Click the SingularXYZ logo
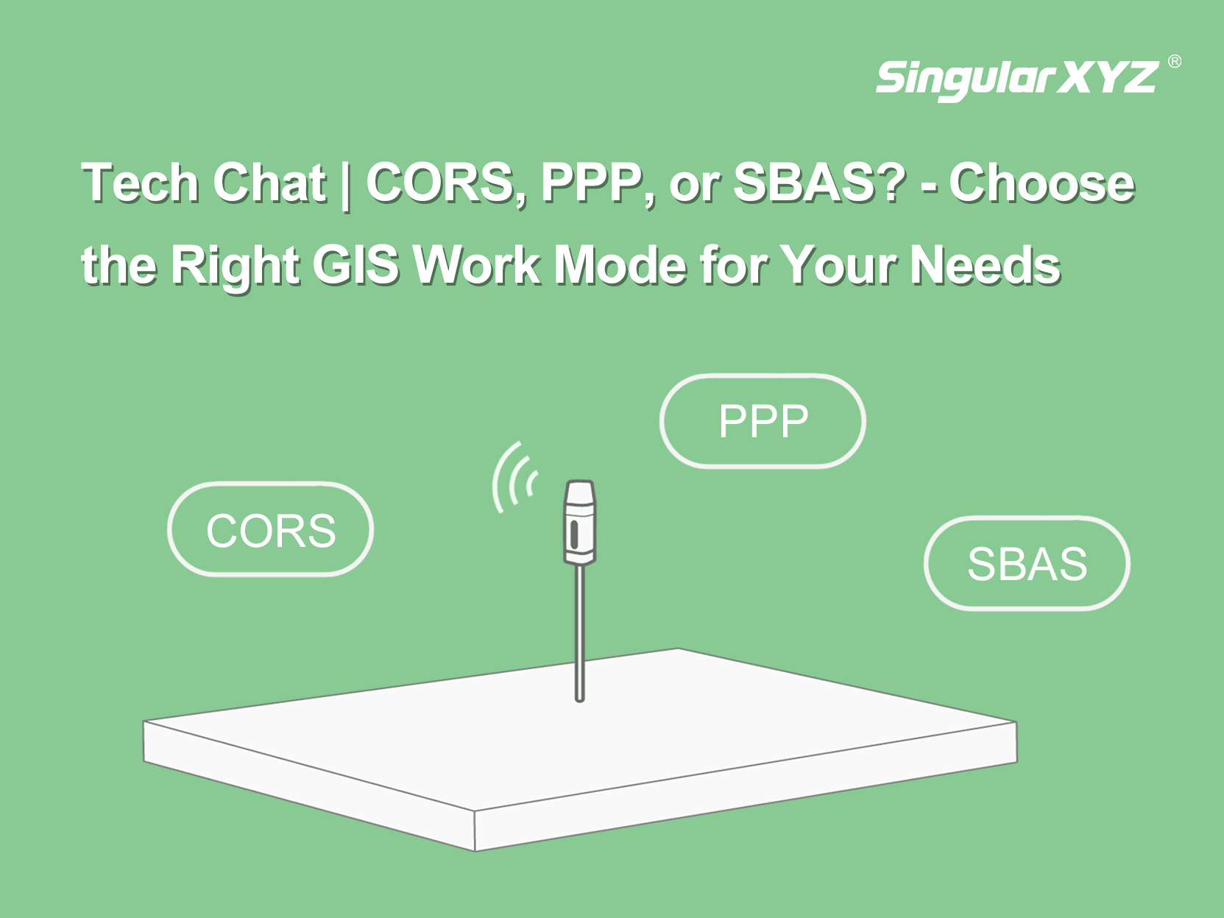coord(1017,79)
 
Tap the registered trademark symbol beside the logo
coord(1175,61)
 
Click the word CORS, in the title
coord(446,183)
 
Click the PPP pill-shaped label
coord(763,421)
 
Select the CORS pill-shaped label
coord(270,529)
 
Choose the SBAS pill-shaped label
coord(1027,564)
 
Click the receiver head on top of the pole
coord(580,521)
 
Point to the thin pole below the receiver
coord(580,632)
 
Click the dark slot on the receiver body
coord(574,533)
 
